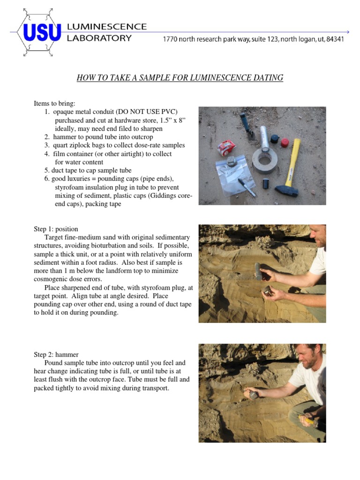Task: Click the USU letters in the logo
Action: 42,32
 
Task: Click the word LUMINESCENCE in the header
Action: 107,27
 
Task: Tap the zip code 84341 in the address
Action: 334,39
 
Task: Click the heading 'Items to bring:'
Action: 54,103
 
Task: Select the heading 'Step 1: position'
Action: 56,229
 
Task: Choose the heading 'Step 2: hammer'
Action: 56,354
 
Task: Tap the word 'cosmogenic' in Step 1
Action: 50,279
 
